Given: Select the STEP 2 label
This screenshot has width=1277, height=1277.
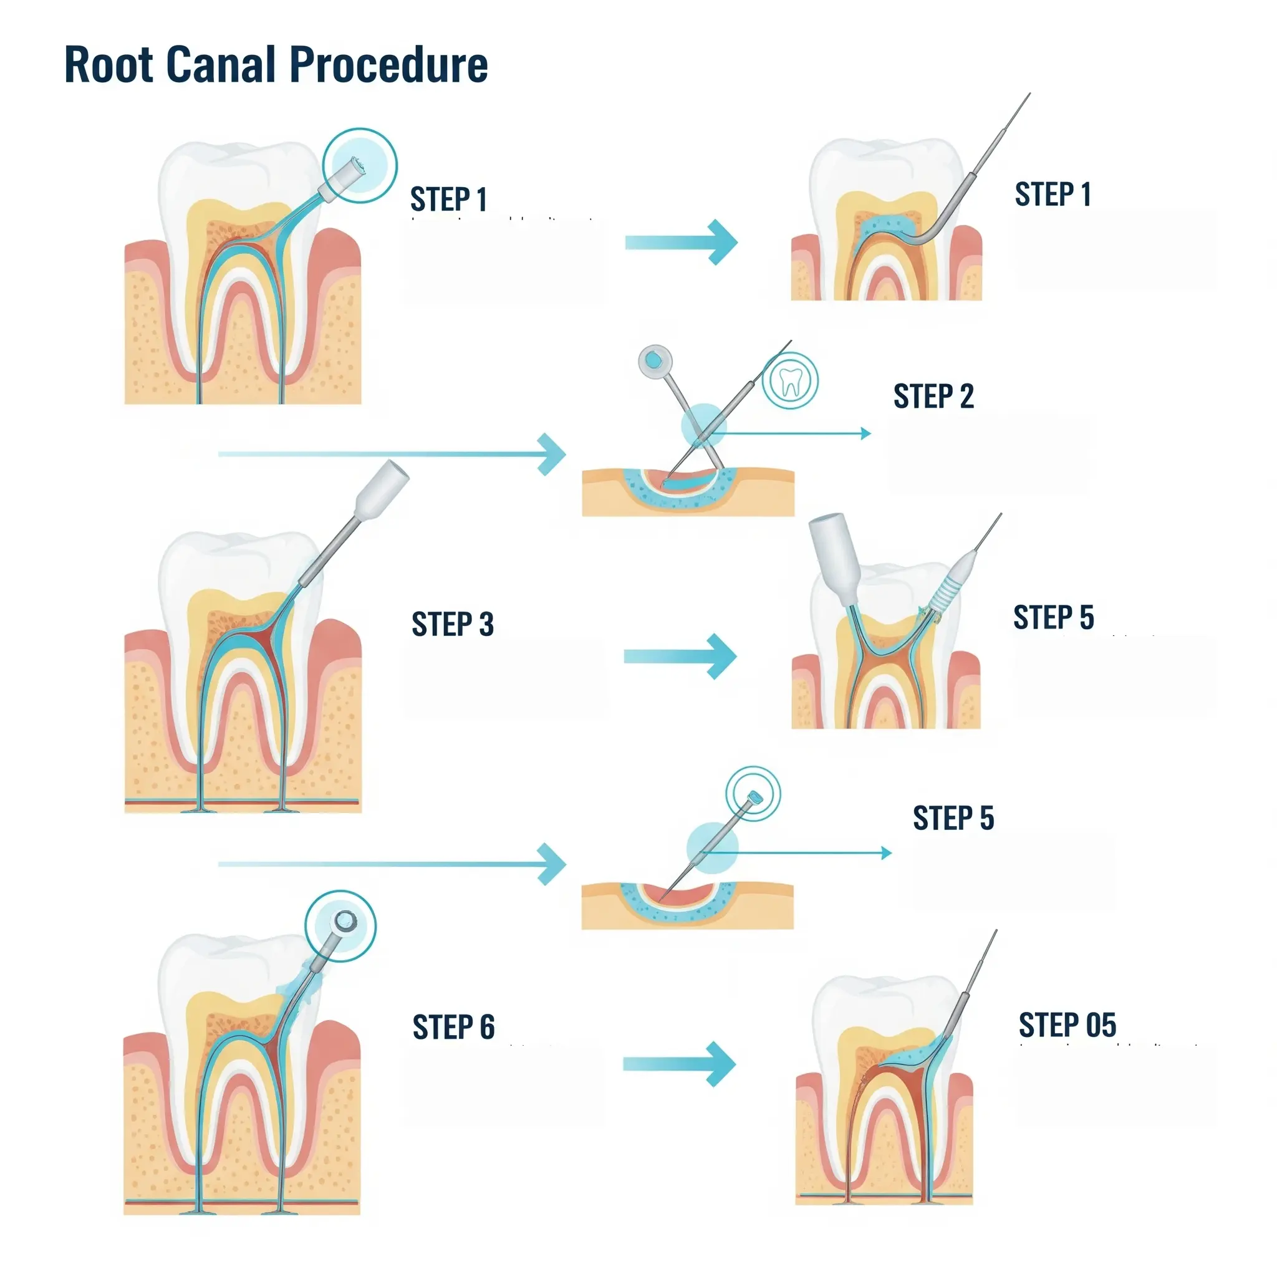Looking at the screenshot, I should [933, 397].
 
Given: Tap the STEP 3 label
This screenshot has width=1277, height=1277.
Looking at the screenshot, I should [453, 625].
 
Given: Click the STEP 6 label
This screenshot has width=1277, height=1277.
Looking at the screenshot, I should [453, 1027].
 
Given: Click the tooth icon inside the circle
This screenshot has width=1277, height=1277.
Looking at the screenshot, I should [791, 382].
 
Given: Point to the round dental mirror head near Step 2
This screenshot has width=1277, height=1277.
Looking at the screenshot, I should [654, 360].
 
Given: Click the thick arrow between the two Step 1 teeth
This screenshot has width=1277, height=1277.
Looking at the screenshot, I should [681, 243].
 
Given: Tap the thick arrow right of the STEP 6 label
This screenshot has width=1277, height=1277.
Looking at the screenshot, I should [679, 1064].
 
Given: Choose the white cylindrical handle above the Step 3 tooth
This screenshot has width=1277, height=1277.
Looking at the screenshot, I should [382, 489].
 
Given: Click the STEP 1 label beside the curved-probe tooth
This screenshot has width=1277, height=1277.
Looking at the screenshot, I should [1053, 195].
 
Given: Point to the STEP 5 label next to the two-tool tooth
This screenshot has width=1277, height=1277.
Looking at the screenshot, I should [1053, 617].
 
